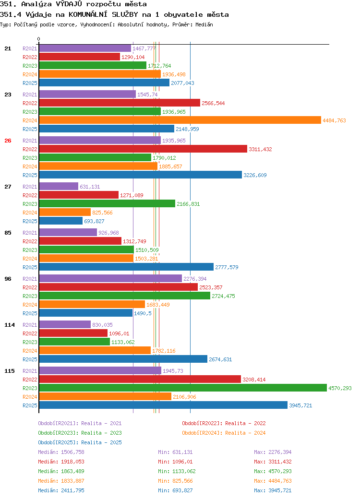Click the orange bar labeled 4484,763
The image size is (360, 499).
180,120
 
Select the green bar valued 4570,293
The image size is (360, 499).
183,388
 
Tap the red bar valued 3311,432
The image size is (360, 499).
143,149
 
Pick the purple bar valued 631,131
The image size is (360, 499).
59,187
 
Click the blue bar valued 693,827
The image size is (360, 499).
61,221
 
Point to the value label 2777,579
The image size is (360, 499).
227,267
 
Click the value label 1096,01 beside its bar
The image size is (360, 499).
119,333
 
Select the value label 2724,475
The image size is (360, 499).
224,296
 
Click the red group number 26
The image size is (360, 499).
8,141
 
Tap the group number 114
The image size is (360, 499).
10,325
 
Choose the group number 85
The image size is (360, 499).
8,233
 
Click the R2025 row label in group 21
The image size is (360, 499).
30,83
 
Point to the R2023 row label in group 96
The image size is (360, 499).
30,296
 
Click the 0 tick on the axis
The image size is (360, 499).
38,39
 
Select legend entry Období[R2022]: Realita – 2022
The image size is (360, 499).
224,423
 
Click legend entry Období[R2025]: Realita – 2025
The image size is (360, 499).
80,442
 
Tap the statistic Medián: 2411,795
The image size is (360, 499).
61,490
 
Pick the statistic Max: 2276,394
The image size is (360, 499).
273,452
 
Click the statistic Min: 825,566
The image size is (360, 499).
175,481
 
